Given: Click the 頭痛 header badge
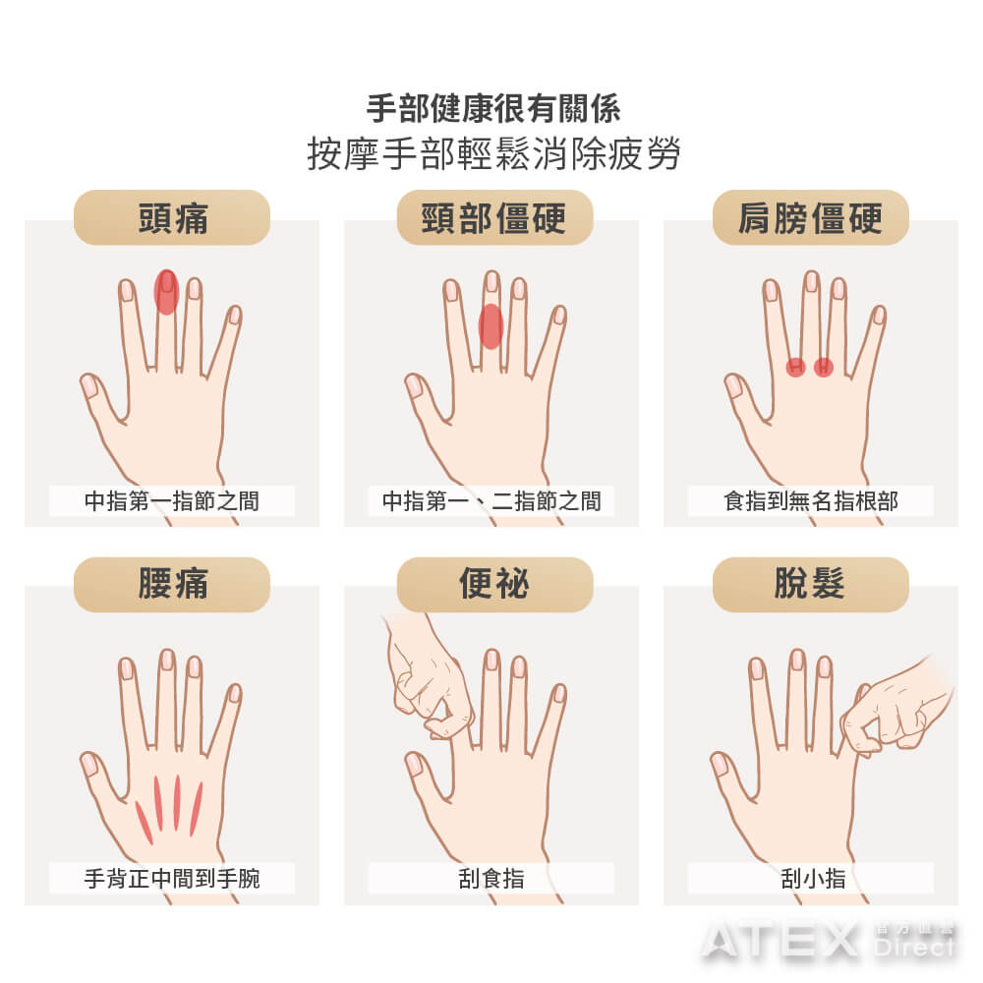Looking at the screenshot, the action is pyautogui.click(x=172, y=217).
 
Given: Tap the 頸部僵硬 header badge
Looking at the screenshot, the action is pyautogui.click(x=494, y=217).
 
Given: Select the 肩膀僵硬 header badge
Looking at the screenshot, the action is pyautogui.click(x=811, y=217).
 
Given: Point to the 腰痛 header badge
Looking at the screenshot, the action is pyautogui.click(x=172, y=584).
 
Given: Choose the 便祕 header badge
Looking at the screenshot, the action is pyautogui.click(x=494, y=584).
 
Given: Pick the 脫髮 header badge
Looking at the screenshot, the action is pyautogui.click(x=811, y=584).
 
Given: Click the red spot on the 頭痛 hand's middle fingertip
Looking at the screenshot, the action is pyautogui.click(x=167, y=292).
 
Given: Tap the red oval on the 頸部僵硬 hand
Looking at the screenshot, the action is pyautogui.click(x=491, y=326).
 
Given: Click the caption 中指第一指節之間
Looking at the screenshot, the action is pyautogui.click(x=172, y=501).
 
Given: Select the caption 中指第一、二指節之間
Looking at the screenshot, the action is pyautogui.click(x=491, y=501).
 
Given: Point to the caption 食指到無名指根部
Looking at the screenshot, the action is pyautogui.click(x=811, y=501).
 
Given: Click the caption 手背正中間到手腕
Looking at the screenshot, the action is pyautogui.click(x=172, y=878).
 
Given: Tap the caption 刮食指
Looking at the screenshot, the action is pyautogui.click(x=491, y=878).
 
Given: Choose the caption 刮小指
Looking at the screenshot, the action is pyautogui.click(x=813, y=878).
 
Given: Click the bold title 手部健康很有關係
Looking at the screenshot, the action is pyautogui.click(x=493, y=108).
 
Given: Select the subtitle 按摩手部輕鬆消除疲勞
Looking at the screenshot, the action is pyautogui.click(x=493, y=153).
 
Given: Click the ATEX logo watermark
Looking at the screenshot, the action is pyautogui.click(x=828, y=940).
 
